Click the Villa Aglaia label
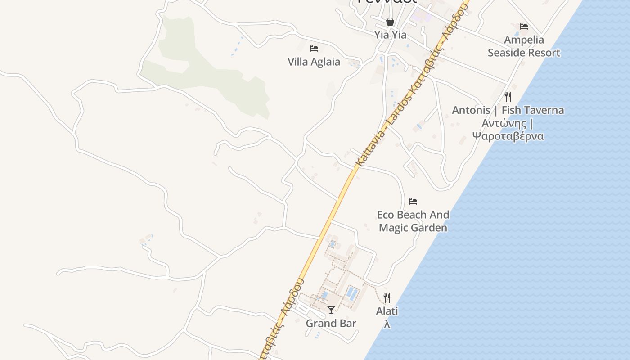[x=314, y=62]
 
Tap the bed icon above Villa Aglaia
[x=314, y=49]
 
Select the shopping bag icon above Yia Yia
[x=390, y=22]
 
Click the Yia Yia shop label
[x=390, y=35]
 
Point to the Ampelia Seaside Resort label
[x=524, y=46]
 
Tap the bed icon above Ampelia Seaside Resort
[x=524, y=27]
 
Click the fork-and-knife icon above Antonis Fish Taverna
[x=508, y=96]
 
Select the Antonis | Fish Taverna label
[x=508, y=110]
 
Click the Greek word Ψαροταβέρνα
[x=508, y=136]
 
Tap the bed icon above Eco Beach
[x=413, y=202]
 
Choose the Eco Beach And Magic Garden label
[x=413, y=221]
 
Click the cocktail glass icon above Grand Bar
[x=331, y=310]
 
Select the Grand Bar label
[x=331, y=323]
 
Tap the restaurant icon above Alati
[x=387, y=297]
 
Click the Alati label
[x=387, y=311]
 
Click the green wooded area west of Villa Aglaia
[x=211, y=72]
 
